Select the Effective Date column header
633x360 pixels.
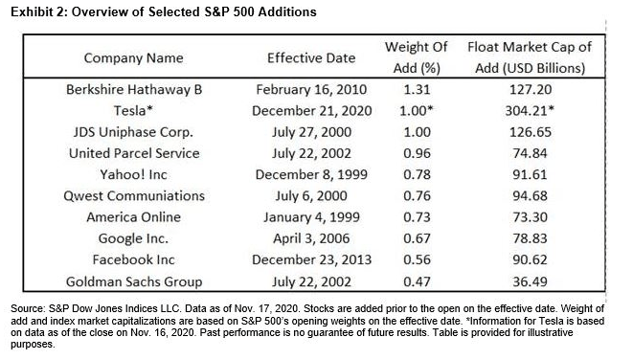pos(312,58)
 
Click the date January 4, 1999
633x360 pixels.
pos(312,217)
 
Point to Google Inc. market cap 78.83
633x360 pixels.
pos(530,238)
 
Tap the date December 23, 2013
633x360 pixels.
pos(312,259)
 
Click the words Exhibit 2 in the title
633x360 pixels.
pos(34,11)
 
